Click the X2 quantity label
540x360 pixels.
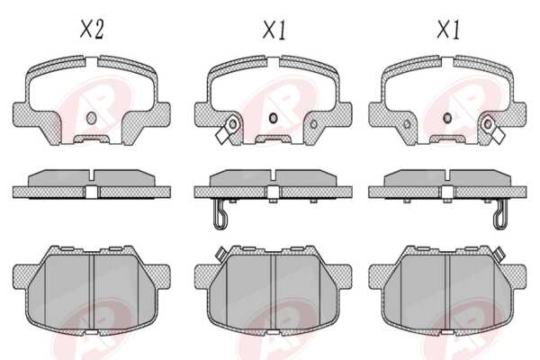click(92, 30)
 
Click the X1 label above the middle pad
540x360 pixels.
click(274, 30)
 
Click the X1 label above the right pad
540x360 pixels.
click(448, 30)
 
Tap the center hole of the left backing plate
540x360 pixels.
click(91, 118)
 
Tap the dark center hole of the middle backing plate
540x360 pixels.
click(273, 118)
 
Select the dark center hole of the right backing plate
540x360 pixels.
click(447, 118)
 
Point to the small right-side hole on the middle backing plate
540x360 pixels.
click(314, 124)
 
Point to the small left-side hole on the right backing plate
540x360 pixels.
click(407, 124)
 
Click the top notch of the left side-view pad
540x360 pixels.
click(91, 175)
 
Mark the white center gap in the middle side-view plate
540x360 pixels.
click(273, 193)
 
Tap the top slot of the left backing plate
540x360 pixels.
click(91, 63)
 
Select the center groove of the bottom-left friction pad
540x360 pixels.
click(92, 292)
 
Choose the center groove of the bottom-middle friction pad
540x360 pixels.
click(273, 292)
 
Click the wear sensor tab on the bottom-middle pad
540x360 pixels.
click(220, 253)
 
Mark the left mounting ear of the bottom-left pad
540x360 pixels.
click(25, 276)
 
